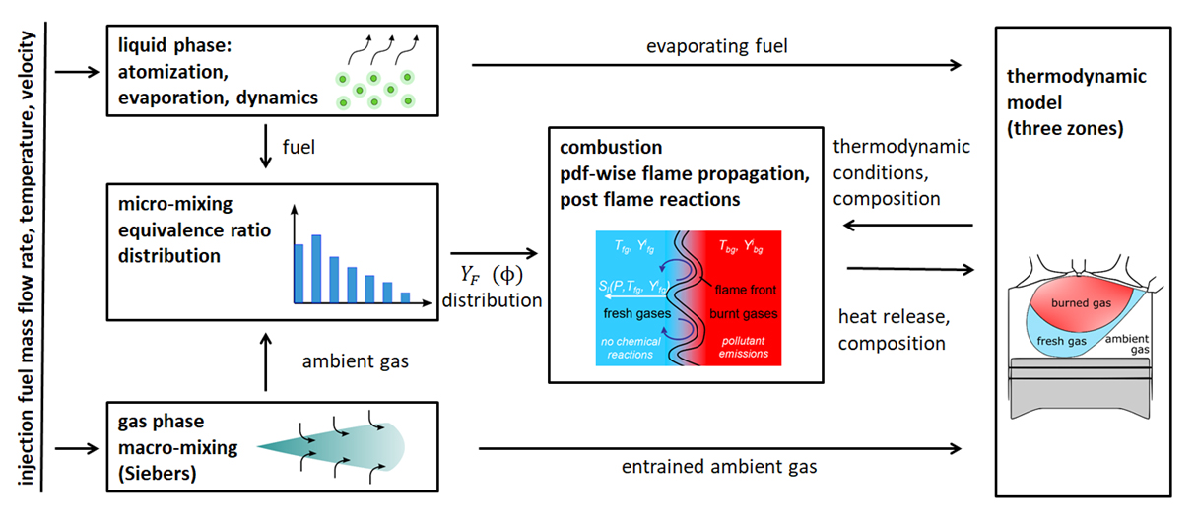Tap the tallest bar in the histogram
(x=315, y=267)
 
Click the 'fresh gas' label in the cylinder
(x=1063, y=340)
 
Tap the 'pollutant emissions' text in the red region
(x=742, y=348)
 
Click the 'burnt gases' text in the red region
(x=742, y=314)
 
